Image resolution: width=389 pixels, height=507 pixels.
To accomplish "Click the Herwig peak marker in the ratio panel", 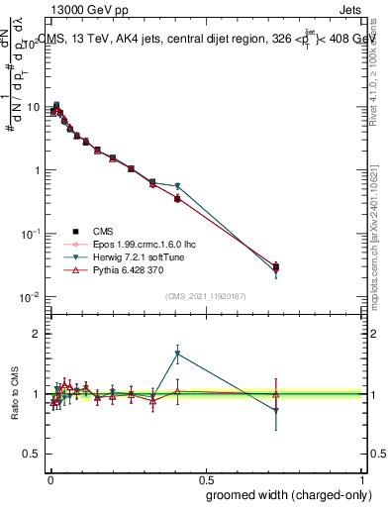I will [177, 354].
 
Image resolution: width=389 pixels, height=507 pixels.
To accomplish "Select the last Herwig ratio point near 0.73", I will [276, 410].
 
